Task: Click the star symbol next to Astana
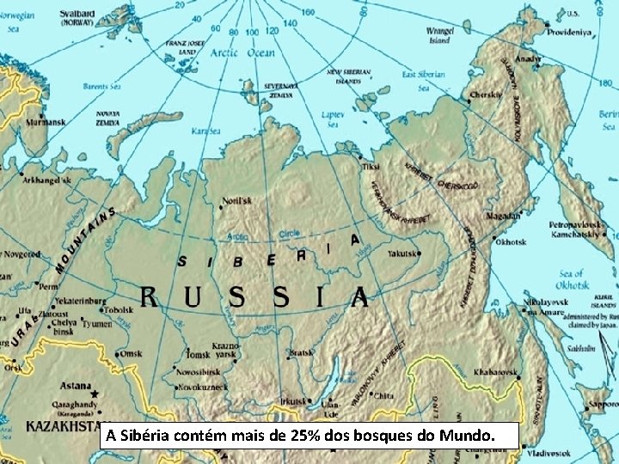tap(95, 394)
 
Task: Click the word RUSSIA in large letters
tap(254, 298)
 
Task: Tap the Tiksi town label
tap(371, 165)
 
